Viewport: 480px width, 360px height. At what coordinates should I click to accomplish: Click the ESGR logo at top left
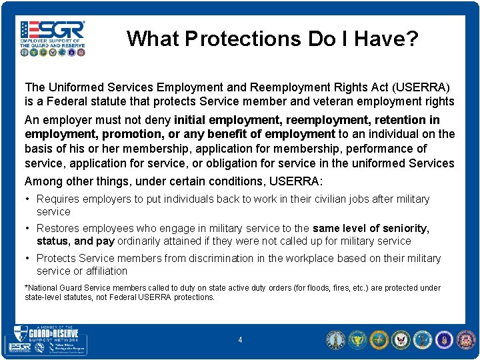click(53, 37)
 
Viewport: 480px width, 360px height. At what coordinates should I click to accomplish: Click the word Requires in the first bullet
click(57, 199)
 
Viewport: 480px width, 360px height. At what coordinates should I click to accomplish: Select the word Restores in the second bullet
click(58, 228)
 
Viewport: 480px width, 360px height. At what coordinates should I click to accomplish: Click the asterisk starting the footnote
click(26, 288)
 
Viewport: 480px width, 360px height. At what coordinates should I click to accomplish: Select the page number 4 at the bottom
click(240, 340)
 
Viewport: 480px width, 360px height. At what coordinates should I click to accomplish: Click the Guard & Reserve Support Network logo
click(47, 340)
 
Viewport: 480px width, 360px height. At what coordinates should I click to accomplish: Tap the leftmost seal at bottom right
click(335, 340)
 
